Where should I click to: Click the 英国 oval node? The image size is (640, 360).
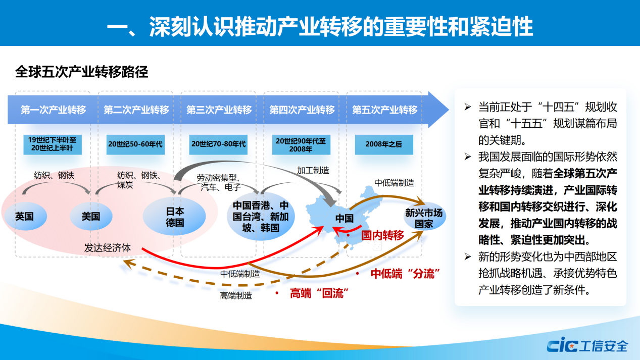click(x=24, y=217)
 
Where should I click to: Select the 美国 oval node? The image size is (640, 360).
click(x=91, y=217)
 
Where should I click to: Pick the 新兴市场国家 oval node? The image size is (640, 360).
click(x=424, y=218)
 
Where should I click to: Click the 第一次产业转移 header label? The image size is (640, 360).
click(x=53, y=110)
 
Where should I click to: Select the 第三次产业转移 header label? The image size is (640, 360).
click(x=219, y=110)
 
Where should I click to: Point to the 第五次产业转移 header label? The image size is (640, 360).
click(x=384, y=110)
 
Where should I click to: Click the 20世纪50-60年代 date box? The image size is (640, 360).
click(x=135, y=144)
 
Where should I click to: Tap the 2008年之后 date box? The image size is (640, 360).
click(x=384, y=144)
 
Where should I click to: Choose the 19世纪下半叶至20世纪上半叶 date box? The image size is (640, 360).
click(x=53, y=144)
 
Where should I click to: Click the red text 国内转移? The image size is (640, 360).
click(x=382, y=235)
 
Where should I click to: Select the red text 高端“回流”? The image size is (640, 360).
click(x=320, y=293)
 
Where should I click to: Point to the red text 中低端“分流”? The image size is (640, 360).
click(x=403, y=274)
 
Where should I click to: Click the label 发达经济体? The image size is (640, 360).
click(x=108, y=248)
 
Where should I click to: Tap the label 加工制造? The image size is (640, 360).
click(x=313, y=171)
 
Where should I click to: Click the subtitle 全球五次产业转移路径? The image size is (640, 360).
click(x=82, y=72)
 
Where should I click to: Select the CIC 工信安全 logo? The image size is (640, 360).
click(x=587, y=346)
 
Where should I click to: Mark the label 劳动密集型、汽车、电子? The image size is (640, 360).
click(x=218, y=182)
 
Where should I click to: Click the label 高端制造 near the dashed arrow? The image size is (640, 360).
click(x=236, y=296)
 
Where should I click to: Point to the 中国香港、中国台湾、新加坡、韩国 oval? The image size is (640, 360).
click(x=261, y=217)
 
